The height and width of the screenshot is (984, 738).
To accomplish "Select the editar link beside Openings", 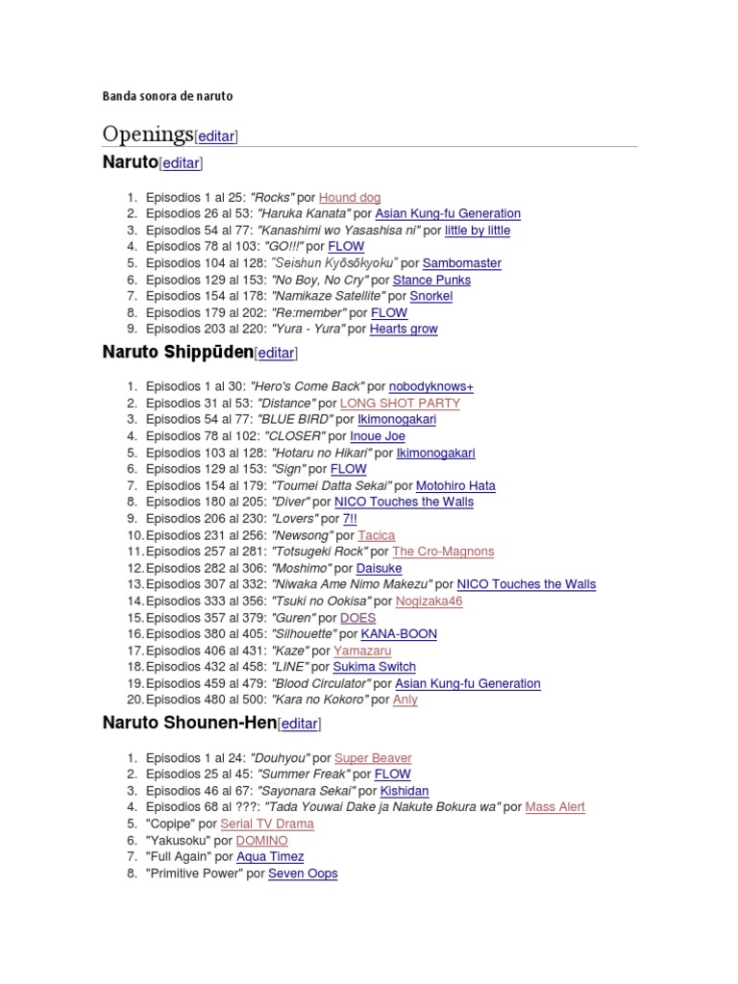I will coord(216,136).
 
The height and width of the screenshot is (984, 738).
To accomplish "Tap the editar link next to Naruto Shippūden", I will coord(276,353).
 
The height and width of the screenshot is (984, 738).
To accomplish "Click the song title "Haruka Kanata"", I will coord(303,213).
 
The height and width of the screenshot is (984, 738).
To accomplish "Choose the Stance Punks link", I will coord(431,280).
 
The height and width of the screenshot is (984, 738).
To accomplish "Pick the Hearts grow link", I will coord(404,329).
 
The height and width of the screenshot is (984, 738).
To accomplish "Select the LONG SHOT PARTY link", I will coord(400,403).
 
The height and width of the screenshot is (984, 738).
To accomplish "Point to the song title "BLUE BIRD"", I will coord(295,420).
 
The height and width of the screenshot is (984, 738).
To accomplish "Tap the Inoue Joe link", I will coord(378,436).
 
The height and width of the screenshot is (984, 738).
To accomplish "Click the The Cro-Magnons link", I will coord(443,552).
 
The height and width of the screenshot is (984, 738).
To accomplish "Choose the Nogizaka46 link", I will coord(429,601).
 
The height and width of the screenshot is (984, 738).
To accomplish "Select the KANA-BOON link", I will coord(399,634).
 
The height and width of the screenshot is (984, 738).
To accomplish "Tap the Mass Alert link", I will coord(554,807).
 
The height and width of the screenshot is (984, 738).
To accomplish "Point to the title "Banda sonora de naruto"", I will coord(167,96).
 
